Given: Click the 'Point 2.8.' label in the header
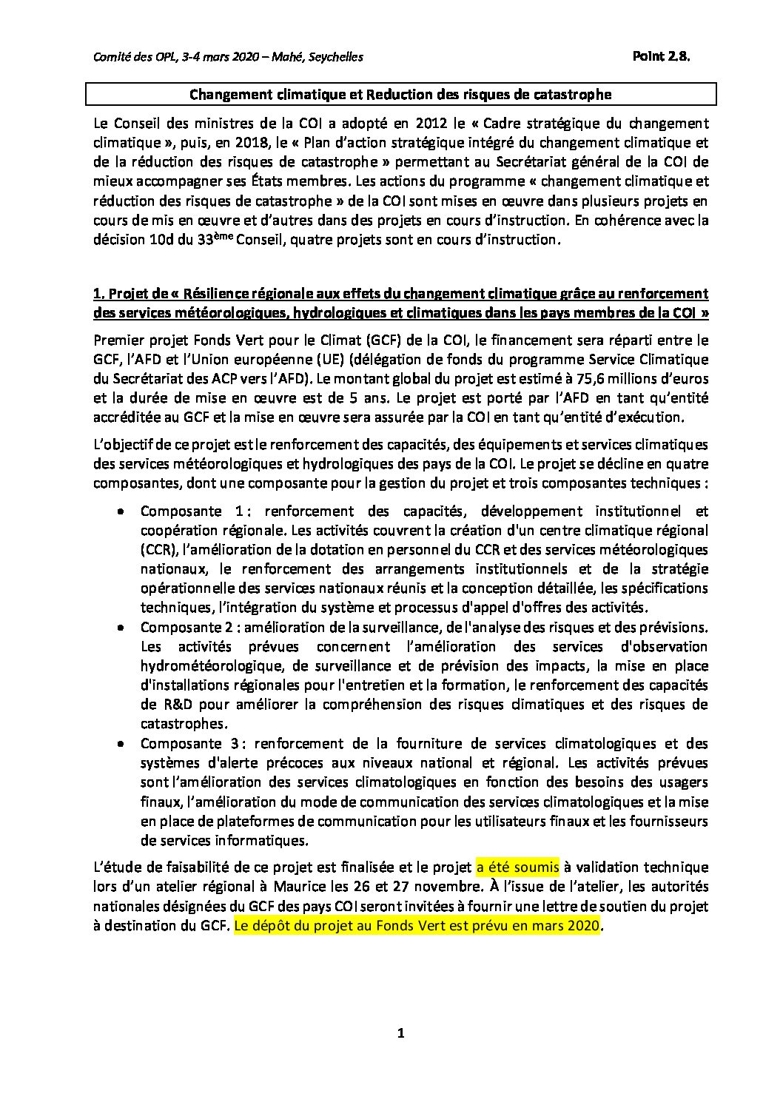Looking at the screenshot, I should click(660, 57).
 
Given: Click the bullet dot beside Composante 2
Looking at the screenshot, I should click(119, 628).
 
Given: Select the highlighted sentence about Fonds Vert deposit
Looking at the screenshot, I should click(417, 925).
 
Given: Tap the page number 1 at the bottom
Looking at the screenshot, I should click(400, 1034).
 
